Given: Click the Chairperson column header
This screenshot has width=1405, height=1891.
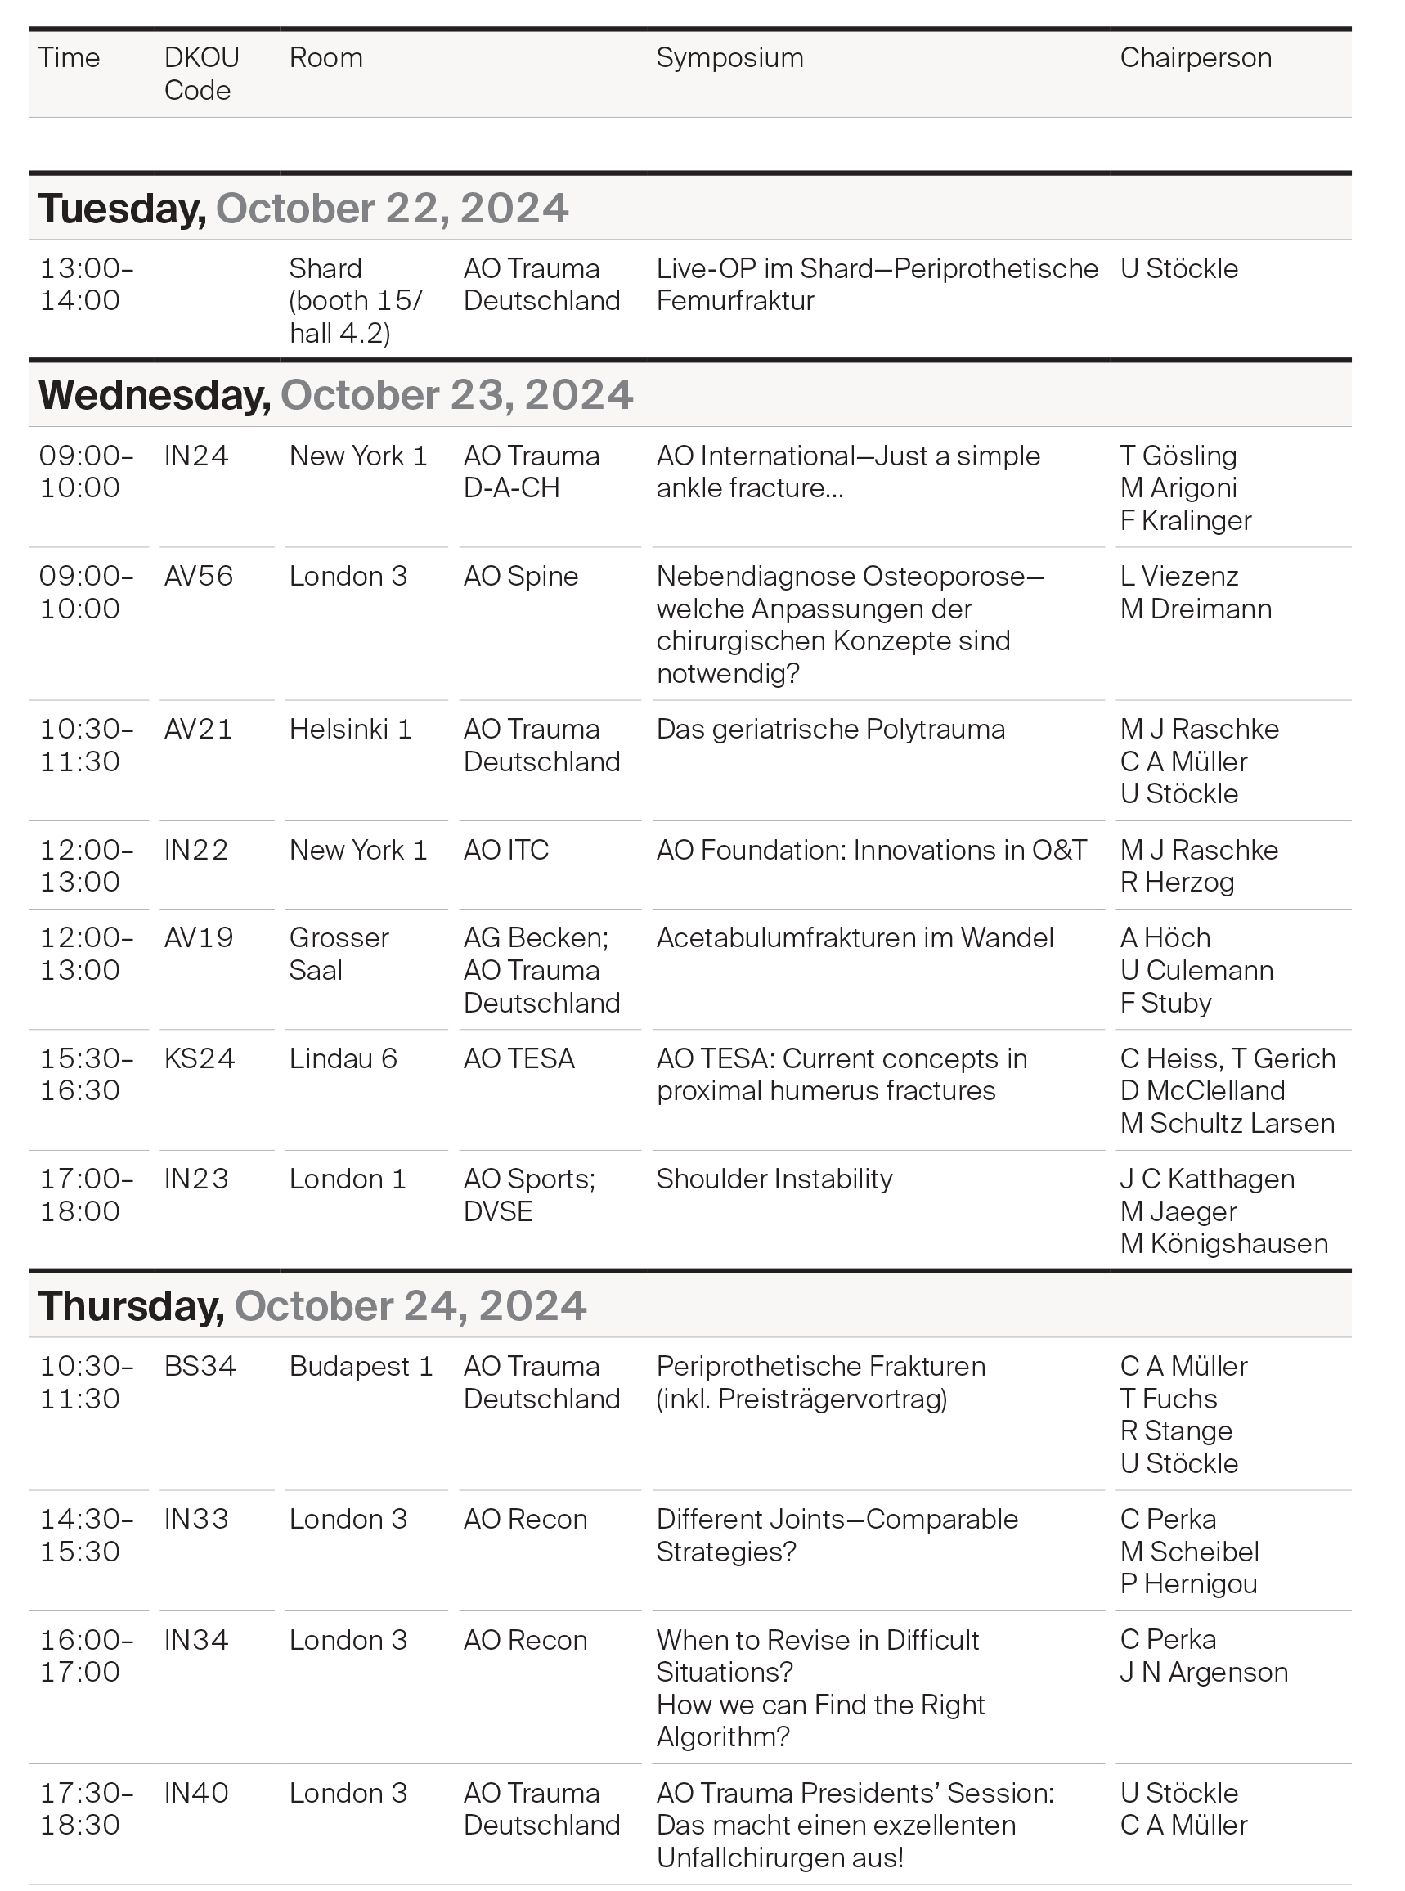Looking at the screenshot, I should [x=1195, y=58].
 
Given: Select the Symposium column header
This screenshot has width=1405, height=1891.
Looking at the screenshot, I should [x=729, y=58].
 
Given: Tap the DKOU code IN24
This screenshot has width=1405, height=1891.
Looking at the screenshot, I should [x=195, y=456].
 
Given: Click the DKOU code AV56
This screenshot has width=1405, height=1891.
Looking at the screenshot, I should [x=198, y=576].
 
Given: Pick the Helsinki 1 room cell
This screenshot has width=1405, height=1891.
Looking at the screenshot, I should [x=349, y=729].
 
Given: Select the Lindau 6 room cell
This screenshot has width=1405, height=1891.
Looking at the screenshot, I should [x=343, y=1058].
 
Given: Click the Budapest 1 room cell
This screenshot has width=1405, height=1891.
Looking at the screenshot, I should [x=361, y=1366].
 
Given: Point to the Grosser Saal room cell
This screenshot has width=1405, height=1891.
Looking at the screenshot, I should [x=339, y=954].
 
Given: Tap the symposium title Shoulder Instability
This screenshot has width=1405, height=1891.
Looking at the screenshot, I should [x=774, y=1179].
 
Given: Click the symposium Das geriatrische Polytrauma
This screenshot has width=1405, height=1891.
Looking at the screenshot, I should [x=830, y=729].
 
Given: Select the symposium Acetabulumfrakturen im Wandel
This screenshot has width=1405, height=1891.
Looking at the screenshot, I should [x=855, y=937].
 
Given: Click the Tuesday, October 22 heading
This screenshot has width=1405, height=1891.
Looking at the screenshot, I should [x=303, y=209].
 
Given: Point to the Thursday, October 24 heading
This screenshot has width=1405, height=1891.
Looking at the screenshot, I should [x=312, y=1305].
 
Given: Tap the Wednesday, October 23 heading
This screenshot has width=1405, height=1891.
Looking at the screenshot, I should [x=335, y=395].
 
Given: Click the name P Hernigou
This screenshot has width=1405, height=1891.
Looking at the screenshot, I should [x=1188, y=1584].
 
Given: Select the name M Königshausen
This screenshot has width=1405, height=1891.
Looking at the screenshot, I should [x=1223, y=1244].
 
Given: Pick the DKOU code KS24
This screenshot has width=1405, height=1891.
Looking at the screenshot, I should [x=198, y=1058].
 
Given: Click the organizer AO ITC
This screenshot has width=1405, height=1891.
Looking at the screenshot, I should [x=506, y=850].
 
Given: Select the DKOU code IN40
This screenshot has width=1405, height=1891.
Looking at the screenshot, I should [x=195, y=1793].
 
